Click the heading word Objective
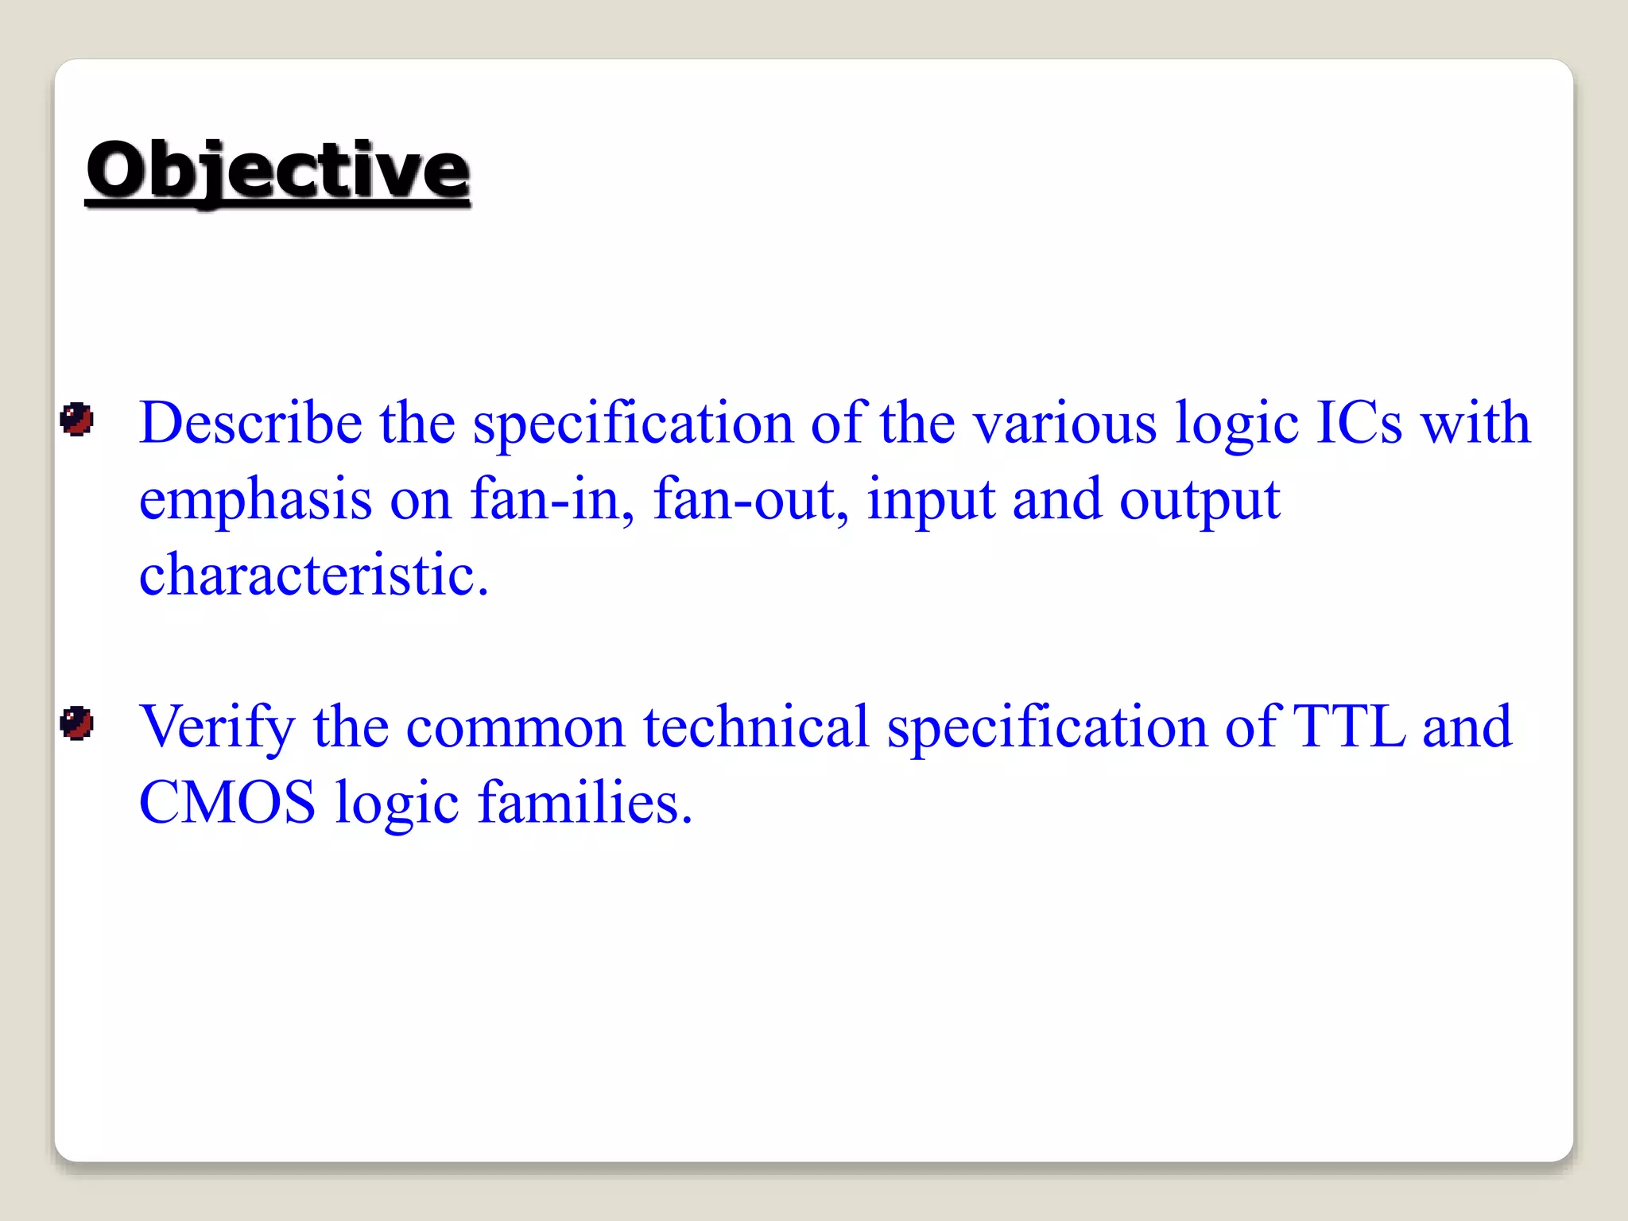(277, 170)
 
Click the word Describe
(250, 422)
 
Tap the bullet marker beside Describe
(77, 419)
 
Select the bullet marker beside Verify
(77, 723)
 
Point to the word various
(1065, 422)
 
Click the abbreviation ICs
(1359, 422)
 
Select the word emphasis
(255, 500)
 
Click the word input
(931, 500)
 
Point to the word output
(1200, 500)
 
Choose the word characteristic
(313, 574)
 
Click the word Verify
(217, 727)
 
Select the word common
(515, 727)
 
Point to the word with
(1475, 422)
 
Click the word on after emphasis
(421, 500)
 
